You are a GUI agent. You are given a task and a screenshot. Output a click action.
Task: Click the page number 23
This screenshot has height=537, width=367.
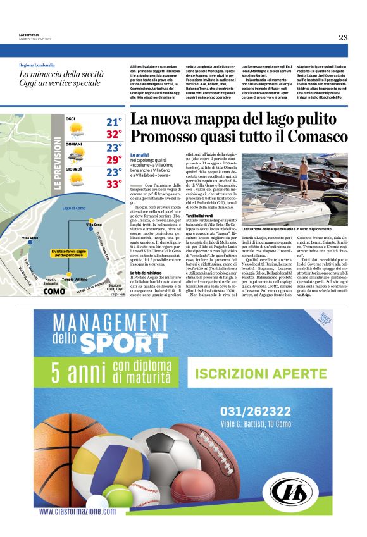click(x=343, y=37)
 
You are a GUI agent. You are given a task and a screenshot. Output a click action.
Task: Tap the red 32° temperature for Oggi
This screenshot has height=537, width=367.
click(x=114, y=134)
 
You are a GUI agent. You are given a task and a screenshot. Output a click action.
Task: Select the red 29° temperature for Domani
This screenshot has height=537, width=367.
click(x=114, y=159)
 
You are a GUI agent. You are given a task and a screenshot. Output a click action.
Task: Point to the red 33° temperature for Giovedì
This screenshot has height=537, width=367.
click(x=114, y=185)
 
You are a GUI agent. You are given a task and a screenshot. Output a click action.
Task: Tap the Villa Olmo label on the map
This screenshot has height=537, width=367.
click(x=30, y=238)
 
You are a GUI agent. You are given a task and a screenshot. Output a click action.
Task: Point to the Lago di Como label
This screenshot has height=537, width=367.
click(x=75, y=207)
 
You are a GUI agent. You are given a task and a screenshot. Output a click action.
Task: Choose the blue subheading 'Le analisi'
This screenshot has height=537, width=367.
click(x=139, y=155)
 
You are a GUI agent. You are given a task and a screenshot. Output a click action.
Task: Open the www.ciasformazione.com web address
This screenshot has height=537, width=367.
click(x=78, y=511)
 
